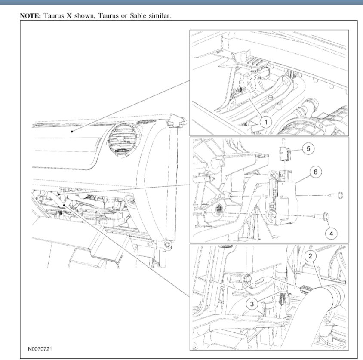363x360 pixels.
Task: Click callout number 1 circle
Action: (266, 122)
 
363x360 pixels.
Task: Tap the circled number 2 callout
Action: (311, 256)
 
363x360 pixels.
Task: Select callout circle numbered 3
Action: (252, 304)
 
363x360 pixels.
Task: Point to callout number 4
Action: (331, 234)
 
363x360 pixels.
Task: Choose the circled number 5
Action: (308, 148)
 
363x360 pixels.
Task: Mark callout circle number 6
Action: (316, 172)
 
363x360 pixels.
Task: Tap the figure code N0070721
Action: (40, 349)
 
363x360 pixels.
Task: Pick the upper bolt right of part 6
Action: (337, 195)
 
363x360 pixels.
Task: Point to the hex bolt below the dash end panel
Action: (167, 245)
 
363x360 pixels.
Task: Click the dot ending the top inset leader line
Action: (72, 132)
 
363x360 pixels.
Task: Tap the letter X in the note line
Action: (69, 16)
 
